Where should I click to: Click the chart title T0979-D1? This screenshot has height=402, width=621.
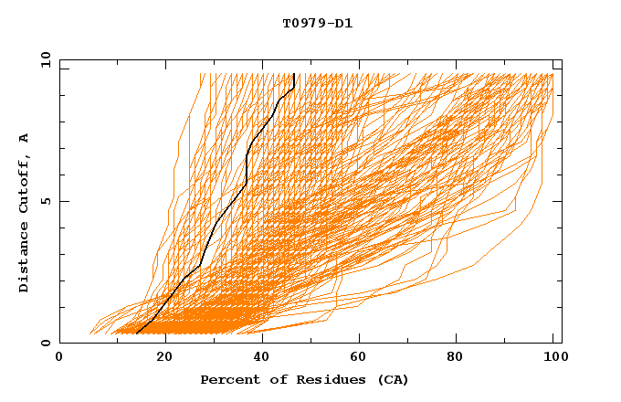coord(317,24)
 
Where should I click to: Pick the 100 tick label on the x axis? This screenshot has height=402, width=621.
coord(553,357)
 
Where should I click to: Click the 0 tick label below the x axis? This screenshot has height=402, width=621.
coord(59,357)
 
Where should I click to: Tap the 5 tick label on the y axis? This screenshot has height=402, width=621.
coord(44,201)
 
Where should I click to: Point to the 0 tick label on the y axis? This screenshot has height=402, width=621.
coord(44,343)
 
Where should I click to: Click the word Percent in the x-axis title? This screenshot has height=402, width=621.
coord(228,379)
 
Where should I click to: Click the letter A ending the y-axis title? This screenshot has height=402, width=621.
coord(25,138)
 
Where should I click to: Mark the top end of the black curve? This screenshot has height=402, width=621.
coord(293,74)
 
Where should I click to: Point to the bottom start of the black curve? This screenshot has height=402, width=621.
coord(136,333)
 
